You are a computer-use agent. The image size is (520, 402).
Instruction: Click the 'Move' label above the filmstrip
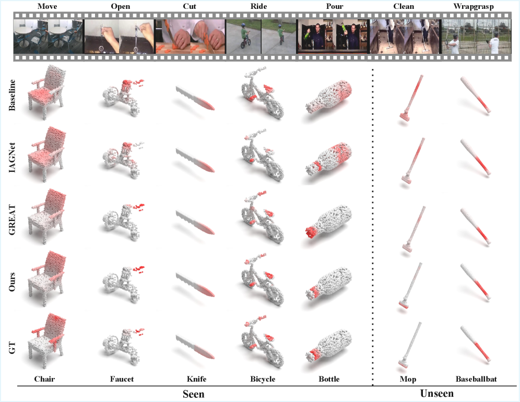[x=47, y=6]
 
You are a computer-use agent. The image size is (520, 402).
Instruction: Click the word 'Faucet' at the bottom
[x=122, y=379]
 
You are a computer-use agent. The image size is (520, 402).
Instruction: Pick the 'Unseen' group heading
[x=436, y=394]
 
